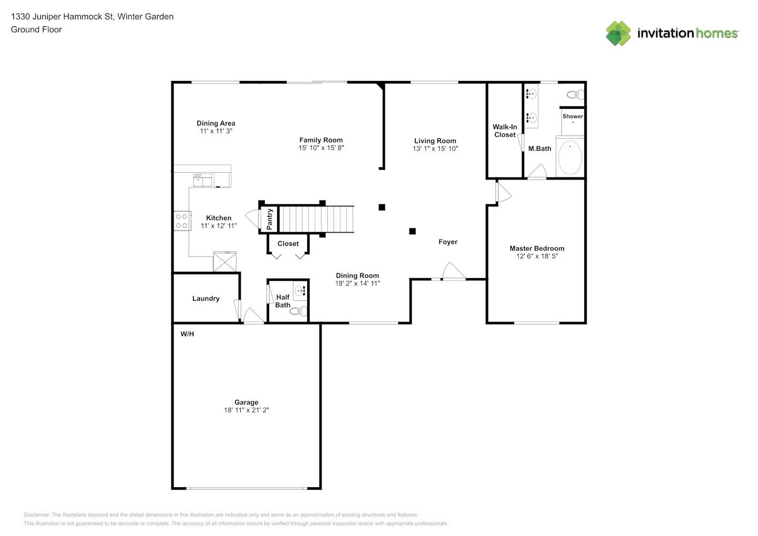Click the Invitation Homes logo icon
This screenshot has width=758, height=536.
(x=618, y=33)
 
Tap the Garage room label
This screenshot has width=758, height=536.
(x=247, y=402)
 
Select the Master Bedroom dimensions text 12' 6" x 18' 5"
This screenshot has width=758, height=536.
(x=537, y=256)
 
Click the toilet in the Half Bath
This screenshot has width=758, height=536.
(x=299, y=311)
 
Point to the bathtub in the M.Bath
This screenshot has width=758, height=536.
(x=570, y=158)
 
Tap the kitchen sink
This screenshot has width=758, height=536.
(x=202, y=180)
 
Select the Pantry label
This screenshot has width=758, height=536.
(x=269, y=219)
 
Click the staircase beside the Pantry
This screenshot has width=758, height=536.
(x=316, y=219)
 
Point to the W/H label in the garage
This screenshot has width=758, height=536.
(x=187, y=334)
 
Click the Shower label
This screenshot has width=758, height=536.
(x=573, y=116)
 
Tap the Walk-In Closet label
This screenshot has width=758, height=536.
(x=505, y=131)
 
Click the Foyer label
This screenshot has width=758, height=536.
(x=448, y=242)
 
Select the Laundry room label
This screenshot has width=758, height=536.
(x=206, y=298)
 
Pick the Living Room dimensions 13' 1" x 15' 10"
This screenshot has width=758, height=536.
(x=435, y=148)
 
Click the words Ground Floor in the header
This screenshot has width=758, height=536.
(x=36, y=29)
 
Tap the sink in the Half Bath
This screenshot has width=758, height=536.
(x=300, y=291)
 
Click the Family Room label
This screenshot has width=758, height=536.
(x=321, y=140)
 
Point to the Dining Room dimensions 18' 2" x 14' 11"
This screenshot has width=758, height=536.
(x=358, y=283)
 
